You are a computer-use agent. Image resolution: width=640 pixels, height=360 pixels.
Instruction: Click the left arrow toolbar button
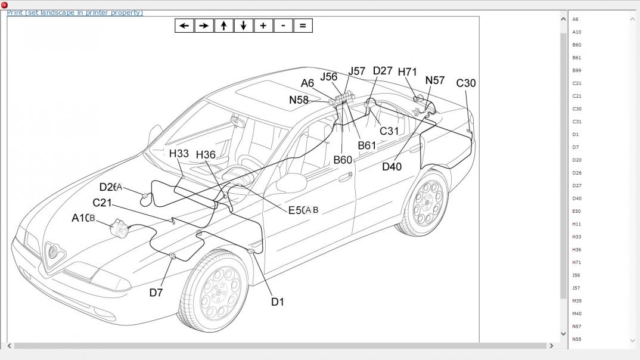(x=184, y=26)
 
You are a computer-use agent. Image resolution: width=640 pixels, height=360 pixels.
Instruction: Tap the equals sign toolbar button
(x=303, y=26)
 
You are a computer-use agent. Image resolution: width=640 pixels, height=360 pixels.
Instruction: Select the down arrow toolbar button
(x=243, y=26)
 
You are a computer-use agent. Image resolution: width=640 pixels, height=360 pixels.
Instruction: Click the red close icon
(x=4, y=5)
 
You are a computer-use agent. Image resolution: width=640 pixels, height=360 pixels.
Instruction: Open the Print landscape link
(x=75, y=13)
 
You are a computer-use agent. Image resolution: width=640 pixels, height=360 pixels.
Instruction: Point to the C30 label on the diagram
(x=466, y=83)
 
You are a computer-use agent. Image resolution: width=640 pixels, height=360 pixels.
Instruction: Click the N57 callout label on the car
(x=435, y=80)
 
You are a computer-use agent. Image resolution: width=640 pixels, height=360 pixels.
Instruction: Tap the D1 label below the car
(x=278, y=302)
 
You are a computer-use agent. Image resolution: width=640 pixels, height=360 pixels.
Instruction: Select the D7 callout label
(x=156, y=293)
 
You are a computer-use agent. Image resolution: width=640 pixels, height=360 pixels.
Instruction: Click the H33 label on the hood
(x=179, y=153)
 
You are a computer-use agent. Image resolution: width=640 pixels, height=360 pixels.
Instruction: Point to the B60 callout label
(x=343, y=160)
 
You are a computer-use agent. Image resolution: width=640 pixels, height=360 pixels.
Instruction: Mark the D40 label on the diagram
(x=392, y=167)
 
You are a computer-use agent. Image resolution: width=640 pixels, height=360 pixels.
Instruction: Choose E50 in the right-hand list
(x=577, y=212)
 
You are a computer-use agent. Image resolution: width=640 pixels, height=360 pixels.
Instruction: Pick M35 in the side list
(x=577, y=301)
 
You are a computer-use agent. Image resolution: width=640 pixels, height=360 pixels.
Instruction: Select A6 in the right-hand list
(x=576, y=20)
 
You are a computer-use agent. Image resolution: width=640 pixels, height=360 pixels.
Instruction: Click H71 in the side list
(x=577, y=263)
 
